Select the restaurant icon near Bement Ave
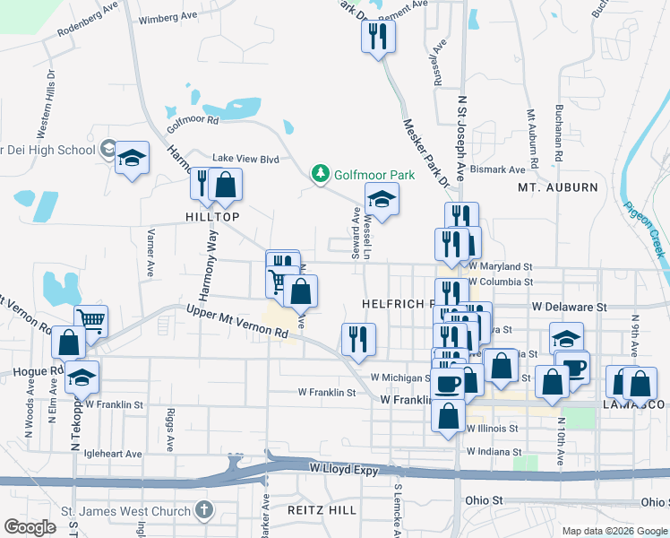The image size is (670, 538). point(378,36)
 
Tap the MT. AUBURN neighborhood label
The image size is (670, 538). point(557,187)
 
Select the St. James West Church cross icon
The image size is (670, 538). point(203,511)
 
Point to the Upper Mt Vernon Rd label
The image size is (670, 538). point(236,321)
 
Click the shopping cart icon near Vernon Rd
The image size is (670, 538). point(90,319)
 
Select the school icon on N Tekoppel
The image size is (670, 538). point(82,377)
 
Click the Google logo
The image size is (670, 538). point(30,526)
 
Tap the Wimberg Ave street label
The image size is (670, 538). point(168,16)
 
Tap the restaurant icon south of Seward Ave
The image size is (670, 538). point(358,338)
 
